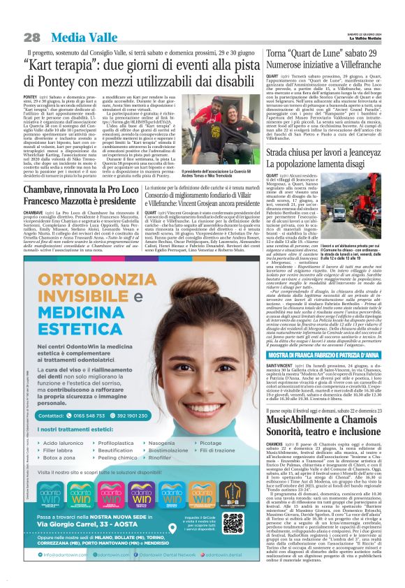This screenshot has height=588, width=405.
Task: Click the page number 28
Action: point(31,37)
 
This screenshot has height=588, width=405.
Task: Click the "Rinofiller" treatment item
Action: point(162,457)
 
